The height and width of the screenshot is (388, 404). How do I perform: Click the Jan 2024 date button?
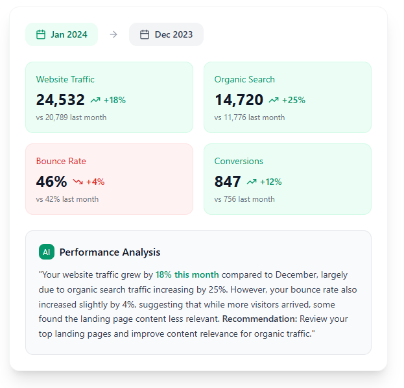click(62, 34)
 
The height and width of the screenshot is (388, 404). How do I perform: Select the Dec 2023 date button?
click(166, 34)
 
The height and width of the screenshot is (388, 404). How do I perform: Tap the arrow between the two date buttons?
click(113, 34)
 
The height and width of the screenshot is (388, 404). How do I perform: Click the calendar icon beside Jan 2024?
click(41, 34)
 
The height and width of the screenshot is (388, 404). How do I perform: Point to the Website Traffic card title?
click(65, 79)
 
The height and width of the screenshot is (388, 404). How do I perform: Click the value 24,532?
click(60, 100)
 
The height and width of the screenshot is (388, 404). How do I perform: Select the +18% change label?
click(115, 100)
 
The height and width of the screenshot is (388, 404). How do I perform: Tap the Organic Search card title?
click(244, 79)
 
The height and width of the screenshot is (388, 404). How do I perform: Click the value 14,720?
click(239, 100)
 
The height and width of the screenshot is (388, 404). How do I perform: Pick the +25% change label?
click(293, 100)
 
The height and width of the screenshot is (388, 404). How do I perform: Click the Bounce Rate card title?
click(61, 161)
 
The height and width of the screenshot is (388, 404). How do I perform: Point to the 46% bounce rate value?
click(52, 182)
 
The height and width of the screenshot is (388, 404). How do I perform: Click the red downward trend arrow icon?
click(78, 182)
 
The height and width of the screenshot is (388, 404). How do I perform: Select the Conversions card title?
click(239, 161)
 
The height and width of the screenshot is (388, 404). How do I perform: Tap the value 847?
click(228, 182)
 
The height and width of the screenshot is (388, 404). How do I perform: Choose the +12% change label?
click(270, 182)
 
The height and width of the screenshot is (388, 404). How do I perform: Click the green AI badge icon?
click(46, 252)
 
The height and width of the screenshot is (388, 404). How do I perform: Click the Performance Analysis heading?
click(110, 252)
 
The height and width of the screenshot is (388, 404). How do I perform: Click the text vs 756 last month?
click(244, 199)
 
